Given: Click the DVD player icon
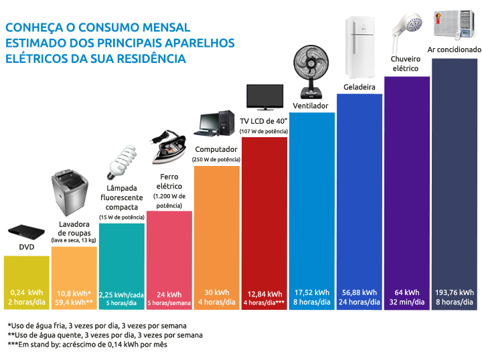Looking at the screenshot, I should (x=25, y=233).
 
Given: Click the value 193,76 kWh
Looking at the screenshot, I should (x=455, y=292).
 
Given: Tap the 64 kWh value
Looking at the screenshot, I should (x=407, y=292).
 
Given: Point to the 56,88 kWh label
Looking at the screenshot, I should (x=359, y=292).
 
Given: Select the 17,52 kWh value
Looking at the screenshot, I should (x=312, y=292).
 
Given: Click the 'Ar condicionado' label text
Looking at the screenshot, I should (x=455, y=50).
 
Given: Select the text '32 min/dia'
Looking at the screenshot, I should (x=407, y=302).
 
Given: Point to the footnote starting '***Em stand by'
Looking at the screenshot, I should (x=87, y=345).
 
